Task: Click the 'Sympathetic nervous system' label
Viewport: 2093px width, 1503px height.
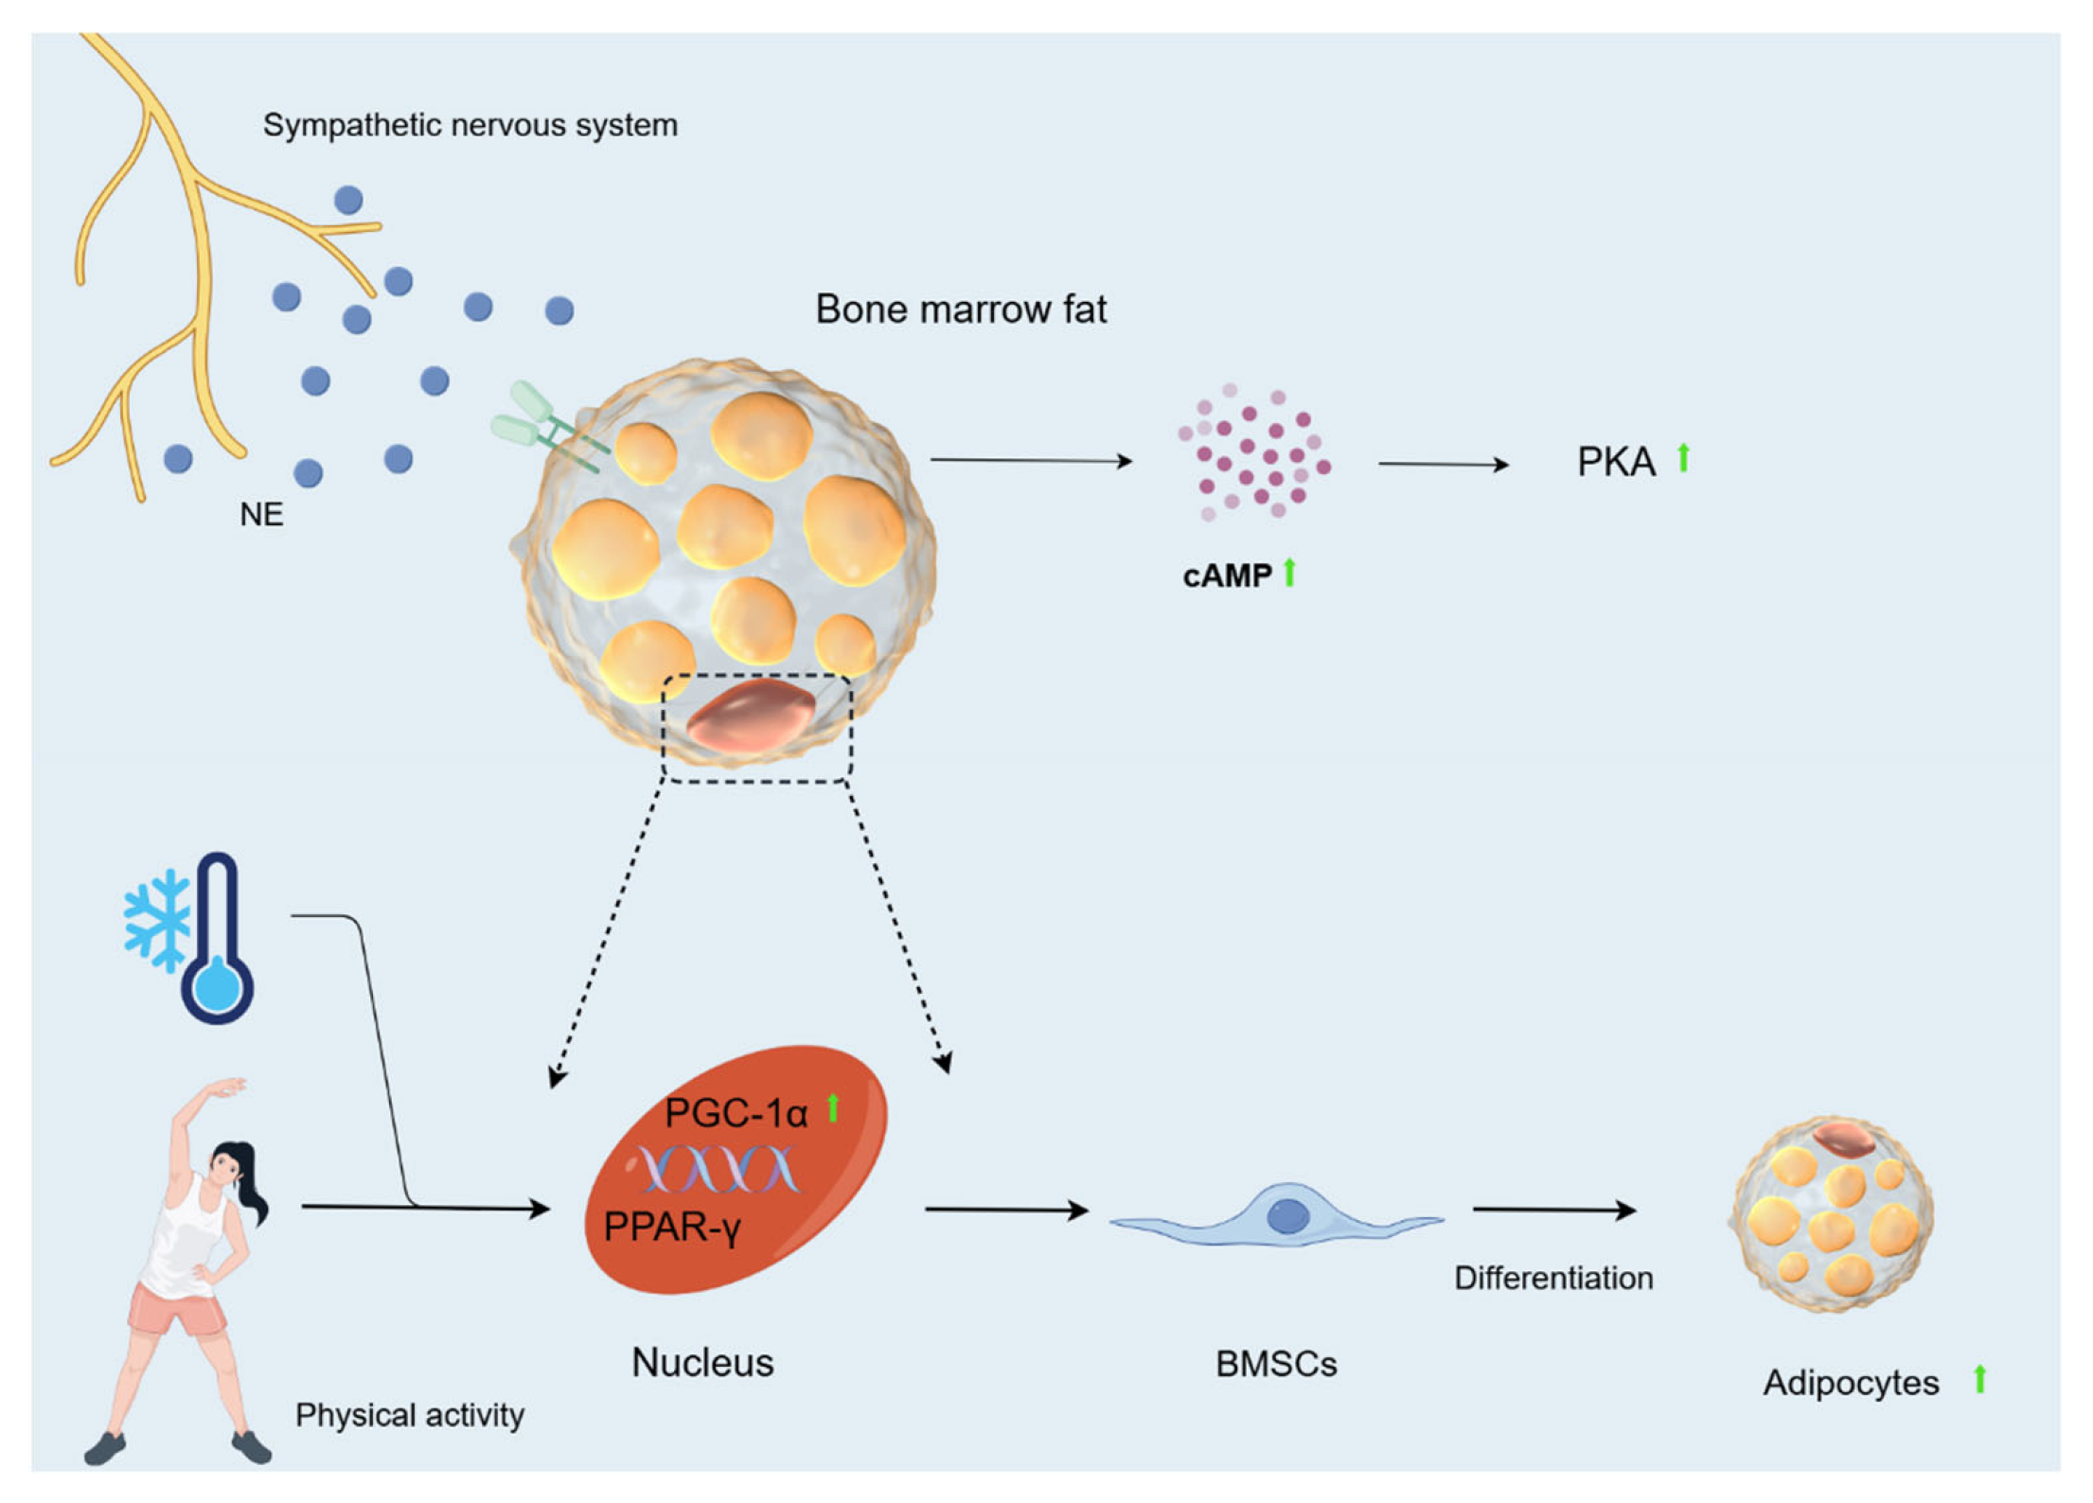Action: tap(470, 125)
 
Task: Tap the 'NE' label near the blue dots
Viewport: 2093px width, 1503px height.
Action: tap(261, 515)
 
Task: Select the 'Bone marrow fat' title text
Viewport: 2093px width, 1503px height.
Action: tap(960, 309)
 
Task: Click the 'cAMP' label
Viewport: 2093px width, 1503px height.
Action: tap(1227, 575)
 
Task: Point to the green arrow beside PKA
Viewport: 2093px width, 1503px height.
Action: tap(1683, 458)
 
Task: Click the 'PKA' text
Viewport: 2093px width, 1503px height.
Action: tap(1615, 462)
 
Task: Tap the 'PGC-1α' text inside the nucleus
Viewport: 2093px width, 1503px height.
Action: tap(736, 1113)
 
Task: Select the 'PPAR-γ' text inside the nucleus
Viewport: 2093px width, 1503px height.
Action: tap(671, 1227)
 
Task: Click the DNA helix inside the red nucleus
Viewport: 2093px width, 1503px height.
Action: tap(719, 1170)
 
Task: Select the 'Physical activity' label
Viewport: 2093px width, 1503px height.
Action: tap(409, 1415)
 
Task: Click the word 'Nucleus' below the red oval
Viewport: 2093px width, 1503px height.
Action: tap(702, 1363)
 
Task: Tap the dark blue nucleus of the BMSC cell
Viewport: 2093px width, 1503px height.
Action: tap(1287, 1216)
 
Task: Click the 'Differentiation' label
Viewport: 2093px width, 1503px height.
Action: tap(1552, 1279)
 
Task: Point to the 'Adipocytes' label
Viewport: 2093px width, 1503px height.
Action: tap(1850, 1383)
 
